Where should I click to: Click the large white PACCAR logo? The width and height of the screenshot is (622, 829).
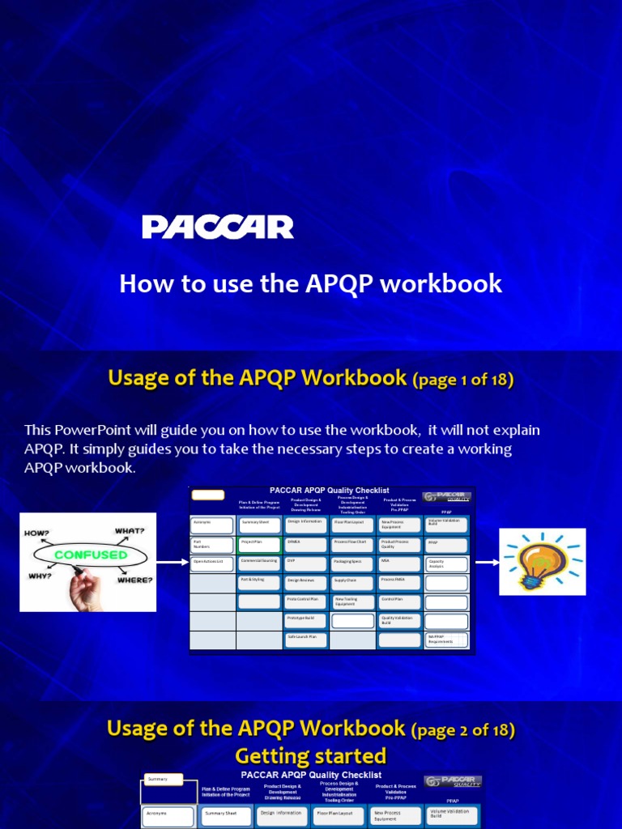(x=218, y=227)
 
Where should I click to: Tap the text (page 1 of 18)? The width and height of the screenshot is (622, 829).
(x=463, y=379)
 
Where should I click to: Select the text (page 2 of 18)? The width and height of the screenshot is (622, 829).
(x=463, y=729)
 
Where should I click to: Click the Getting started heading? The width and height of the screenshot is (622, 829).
(x=310, y=756)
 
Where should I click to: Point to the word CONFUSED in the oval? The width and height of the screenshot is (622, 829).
(x=91, y=555)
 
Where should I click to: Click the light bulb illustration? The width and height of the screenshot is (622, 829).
(x=541, y=561)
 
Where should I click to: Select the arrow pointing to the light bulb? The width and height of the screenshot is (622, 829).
(x=486, y=561)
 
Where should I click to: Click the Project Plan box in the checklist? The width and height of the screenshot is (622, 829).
(x=259, y=544)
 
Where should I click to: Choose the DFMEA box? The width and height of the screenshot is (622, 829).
(x=305, y=544)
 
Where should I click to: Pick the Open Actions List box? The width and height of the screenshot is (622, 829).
(x=212, y=563)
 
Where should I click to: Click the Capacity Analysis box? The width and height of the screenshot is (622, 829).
(x=446, y=564)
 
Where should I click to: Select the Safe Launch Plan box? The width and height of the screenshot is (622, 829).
(x=305, y=639)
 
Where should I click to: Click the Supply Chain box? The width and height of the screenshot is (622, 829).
(x=352, y=582)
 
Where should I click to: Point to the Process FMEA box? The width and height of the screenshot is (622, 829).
(x=399, y=582)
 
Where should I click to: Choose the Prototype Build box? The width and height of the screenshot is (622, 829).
(x=305, y=620)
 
